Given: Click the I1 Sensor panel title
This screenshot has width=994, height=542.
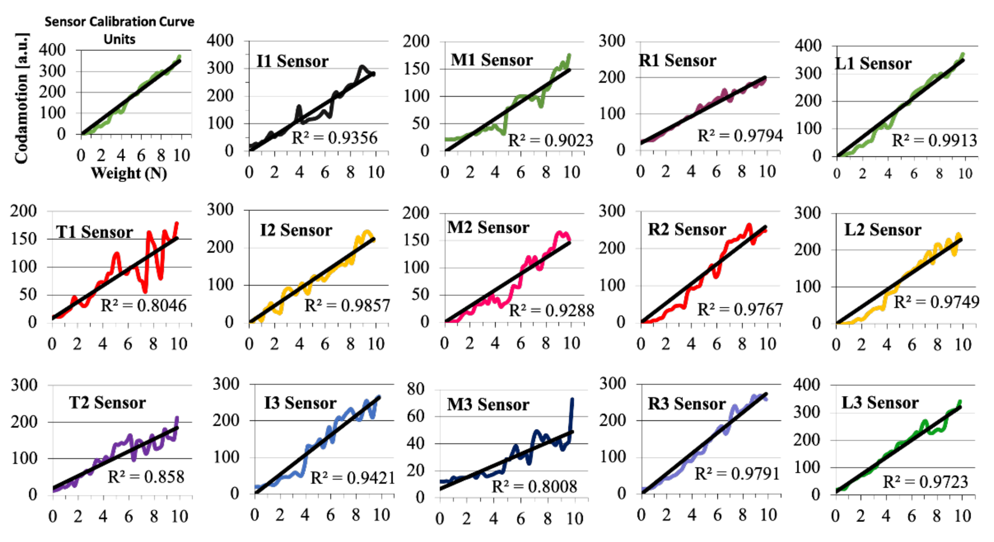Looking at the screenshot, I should click(292, 61).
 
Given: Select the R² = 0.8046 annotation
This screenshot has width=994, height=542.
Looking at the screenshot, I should click(144, 305).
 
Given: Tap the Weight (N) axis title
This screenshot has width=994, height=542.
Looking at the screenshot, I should click(129, 173).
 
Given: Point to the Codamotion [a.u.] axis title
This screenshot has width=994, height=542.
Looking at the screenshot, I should click(21, 99).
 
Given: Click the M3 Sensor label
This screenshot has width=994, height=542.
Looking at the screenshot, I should click(488, 404).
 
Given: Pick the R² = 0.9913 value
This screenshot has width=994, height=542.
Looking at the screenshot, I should click(934, 141).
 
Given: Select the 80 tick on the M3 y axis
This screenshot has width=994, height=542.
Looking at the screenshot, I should click(416, 389).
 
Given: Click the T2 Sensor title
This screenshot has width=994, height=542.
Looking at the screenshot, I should click(107, 403).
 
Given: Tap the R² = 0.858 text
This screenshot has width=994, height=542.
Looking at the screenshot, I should click(146, 477).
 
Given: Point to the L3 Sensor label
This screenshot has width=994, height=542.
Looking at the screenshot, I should click(880, 403).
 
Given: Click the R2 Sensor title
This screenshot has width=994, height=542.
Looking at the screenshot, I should click(687, 229).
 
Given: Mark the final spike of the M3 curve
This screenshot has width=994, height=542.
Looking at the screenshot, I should click(572, 401).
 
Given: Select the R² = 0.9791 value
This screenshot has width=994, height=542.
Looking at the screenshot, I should click(737, 474).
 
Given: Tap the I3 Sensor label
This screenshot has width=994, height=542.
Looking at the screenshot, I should click(300, 403).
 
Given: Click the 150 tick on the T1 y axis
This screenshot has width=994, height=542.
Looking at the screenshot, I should click(23, 239).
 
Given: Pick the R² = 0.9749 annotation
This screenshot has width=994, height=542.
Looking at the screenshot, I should click(937, 302).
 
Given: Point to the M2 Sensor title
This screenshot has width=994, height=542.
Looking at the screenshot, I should click(488, 227).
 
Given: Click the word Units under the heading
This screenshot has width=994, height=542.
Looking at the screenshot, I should click(119, 39).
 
